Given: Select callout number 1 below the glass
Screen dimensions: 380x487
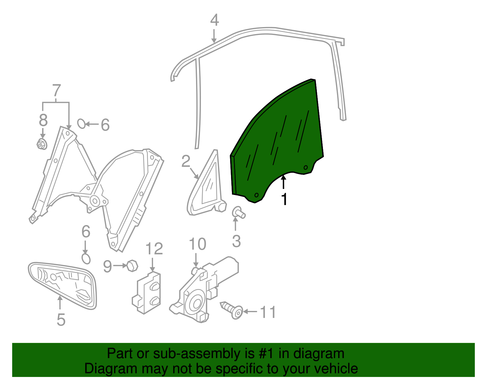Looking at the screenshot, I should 284,200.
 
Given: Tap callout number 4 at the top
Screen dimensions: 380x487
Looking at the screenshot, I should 215,20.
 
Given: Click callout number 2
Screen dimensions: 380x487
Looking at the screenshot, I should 185,161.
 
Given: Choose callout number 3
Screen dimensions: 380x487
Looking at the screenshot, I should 236,241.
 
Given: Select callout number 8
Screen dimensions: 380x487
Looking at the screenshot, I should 43,120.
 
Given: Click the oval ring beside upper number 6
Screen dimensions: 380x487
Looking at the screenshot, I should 81,124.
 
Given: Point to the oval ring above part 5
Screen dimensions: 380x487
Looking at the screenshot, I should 86,259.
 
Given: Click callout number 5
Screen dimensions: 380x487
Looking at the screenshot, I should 61,319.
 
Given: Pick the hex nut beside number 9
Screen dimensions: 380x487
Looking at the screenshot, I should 132,266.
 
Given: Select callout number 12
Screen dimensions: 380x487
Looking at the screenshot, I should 154,249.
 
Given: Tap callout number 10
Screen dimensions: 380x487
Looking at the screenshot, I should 198,244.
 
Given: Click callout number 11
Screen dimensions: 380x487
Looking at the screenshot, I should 268,312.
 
